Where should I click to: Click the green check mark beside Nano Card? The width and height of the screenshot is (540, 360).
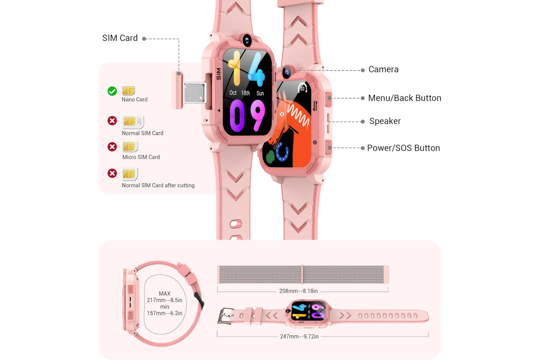pyautogui.click(x=112, y=91)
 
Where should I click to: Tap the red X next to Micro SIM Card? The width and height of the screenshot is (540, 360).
pyautogui.click(x=112, y=147)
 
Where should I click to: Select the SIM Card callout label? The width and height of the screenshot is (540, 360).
pyautogui.click(x=120, y=38)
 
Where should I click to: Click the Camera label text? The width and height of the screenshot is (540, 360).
pyautogui.click(x=383, y=69)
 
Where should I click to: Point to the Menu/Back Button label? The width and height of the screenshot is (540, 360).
pyautogui.click(x=405, y=98)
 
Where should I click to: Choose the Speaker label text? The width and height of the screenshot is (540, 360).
pyautogui.click(x=385, y=121)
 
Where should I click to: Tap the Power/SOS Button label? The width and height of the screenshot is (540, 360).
pyautogui.click(x=403, y=148)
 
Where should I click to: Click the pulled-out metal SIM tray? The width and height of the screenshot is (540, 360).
pyautogui.click(x=195, y=92)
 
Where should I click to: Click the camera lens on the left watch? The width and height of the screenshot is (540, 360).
pyautogui.click(x=247, y=40)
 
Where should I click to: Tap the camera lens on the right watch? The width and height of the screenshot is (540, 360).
pyautogui.click(x=287, y=72)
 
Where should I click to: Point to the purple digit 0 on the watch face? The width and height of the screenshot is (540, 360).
pyautogui.click(x=237, y=116)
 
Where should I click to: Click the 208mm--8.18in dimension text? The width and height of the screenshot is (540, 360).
pyautogui.click(x=298, y=291)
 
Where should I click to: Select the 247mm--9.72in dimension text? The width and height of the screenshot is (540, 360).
pyautogui.click(x=299, y=336)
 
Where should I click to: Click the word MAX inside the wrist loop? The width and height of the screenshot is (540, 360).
pyautogui.click(x=165, y=293)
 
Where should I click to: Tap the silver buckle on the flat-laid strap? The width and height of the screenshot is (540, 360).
pyautogui.click(x=225, y=315)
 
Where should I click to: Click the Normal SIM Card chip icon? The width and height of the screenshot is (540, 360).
pyautogui.click(x=133, y=122)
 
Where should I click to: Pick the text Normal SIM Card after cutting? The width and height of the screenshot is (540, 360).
pyautogui.click(x=158, y=185)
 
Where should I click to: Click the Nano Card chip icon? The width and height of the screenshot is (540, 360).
pyautogui.click(x=129, y=90)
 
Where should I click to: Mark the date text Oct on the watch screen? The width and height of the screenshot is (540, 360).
pyautogui.click(x=233, y=93)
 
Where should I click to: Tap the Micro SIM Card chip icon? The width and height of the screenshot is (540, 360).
pyautogui.click(x=130, y=147)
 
